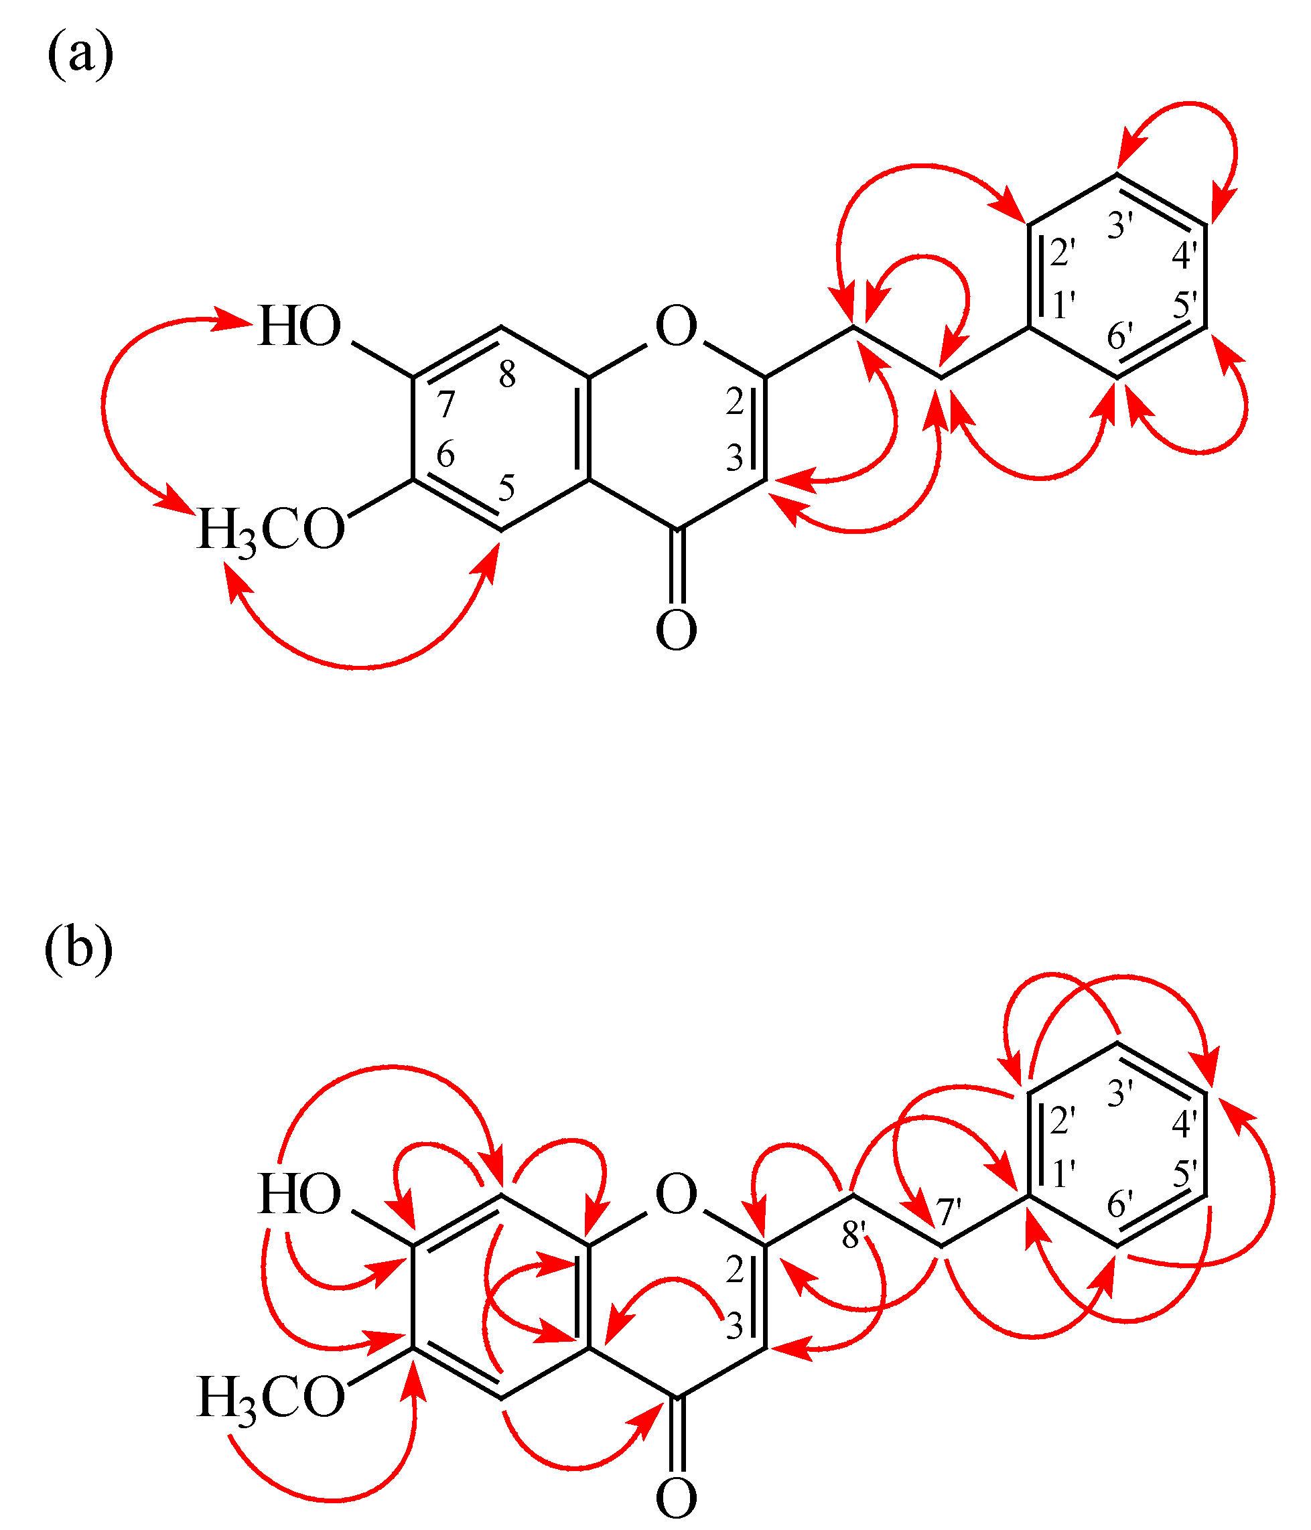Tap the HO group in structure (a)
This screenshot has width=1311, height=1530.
[299, 326]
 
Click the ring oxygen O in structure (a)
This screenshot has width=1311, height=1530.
[676, 326]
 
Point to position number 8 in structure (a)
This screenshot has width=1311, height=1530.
[506, 374]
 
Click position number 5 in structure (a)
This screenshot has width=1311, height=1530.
[506, 488]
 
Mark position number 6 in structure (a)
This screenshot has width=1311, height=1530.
[445, 454]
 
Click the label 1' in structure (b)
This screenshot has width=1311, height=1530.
[1064, 1174]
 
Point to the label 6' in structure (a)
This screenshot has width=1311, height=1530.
[1119, 337]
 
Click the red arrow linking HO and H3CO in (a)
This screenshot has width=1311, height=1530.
[103, 403]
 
